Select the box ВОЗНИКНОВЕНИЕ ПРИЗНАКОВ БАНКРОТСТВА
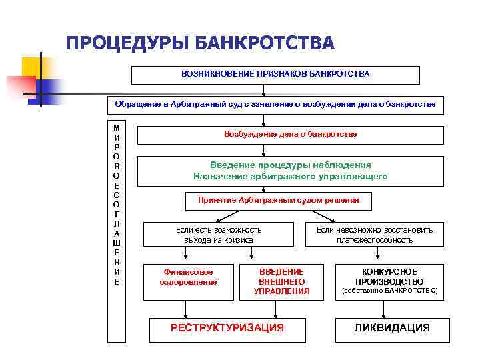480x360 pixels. coord(275,75)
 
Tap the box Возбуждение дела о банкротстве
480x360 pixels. coord(290,135)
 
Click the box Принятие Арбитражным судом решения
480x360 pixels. coord(278,201)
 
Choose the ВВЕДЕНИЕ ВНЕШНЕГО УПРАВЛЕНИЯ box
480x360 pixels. coord(282,281)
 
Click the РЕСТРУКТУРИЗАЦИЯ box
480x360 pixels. coord(227,328)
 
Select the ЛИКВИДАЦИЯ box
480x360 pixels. coord(391,328)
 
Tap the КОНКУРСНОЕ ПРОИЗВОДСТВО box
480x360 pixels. coord(389,281)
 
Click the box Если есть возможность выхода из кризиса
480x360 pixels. coord(219,235)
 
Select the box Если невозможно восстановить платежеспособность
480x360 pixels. coord(374,235)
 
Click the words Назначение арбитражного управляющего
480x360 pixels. coord(290,177)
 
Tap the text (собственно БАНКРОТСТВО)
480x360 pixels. coord(390,291)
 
